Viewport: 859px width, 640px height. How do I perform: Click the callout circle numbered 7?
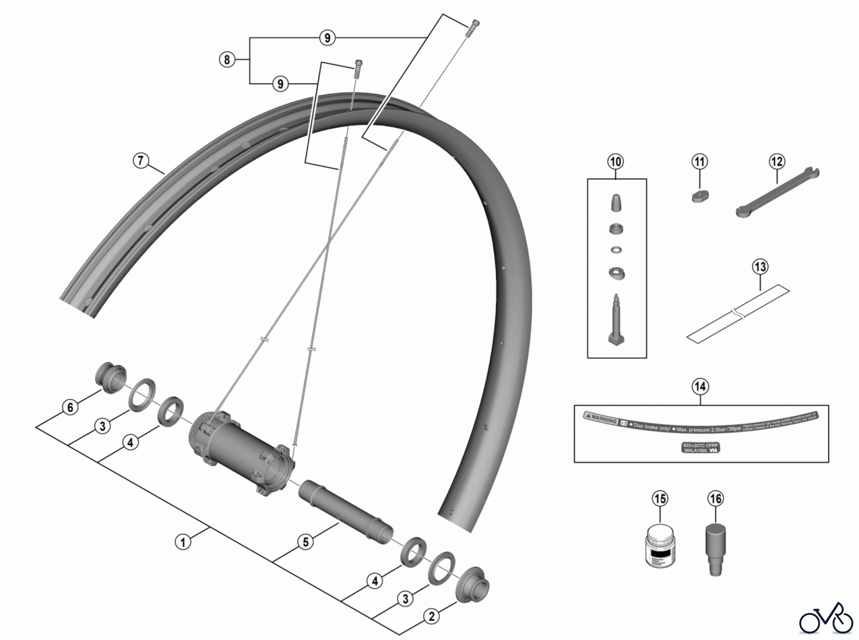(x=140, y=160)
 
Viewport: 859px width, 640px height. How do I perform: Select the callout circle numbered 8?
(x=227, y=60)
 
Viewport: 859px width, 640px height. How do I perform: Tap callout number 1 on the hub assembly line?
(x=183, y=542)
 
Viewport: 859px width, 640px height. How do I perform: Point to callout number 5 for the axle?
(x=305, y=542)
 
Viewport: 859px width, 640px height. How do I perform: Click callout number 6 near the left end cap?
(x=71, y=407)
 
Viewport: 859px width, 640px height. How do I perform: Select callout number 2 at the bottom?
(x=431, y=617)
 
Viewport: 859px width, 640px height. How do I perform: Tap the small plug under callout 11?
(x=700, y=196)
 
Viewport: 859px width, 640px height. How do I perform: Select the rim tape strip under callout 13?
(x=737, y=313)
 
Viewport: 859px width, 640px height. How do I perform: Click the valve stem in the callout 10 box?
(x=616, y=320)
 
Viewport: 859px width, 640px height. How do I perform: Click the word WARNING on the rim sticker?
(x=604, y=420)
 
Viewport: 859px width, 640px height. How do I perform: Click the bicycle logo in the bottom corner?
(x=826, y=619)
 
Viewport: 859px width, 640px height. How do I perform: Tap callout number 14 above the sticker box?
(x=700, y=386)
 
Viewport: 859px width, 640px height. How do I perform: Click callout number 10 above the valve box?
(x=616, y=162)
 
